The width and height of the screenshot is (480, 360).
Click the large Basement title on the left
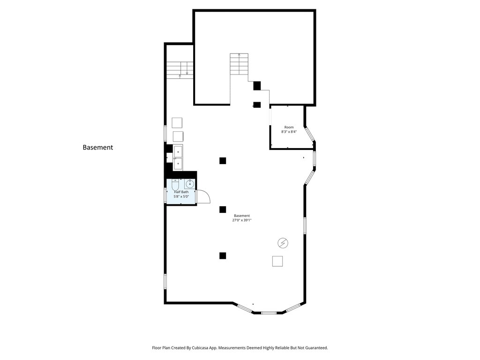pyautogui.click(x=97, y=147)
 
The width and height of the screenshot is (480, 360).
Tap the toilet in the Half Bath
pyautogui.click(x=175, y=185)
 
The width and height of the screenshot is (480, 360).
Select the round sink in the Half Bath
pyautogui.click(x=190, y=184)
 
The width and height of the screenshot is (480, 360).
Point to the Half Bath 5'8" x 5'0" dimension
pyautogui.click(x=181, y=196)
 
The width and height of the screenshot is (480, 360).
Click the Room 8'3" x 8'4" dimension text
pyautogui.click(x=289, y=132)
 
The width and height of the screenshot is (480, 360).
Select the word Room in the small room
pyautogui.click(x=289, y=127)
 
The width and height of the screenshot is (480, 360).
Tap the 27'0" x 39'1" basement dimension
pyautogui.click(x=242, y=220)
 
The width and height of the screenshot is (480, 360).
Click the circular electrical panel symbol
pyautogui.click(x=283, y=243)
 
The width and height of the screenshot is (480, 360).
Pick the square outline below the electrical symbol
pyautogui.click(x=277, y=261)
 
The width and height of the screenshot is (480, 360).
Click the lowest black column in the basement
pyautogui.click(x=223, y=255)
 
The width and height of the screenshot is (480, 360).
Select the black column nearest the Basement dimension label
pyautogui.click(x=223, y=210)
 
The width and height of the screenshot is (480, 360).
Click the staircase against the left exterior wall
pyautogui.click(x=180, y=70)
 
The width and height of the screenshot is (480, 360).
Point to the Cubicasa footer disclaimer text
pyautogui.click(x=240, y=348)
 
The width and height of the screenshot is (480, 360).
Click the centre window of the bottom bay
pyautogui.click(x=269, y=313)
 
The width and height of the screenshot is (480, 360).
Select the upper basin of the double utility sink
pyautogui.click(x=178, y=151)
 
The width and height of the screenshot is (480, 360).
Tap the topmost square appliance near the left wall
pyautogui.click(x=177, y=123)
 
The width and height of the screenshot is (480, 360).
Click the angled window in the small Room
pyautogui.click(x=309, y=135)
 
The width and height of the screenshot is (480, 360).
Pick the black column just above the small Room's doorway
pyautogui.click(x=257, y=86)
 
